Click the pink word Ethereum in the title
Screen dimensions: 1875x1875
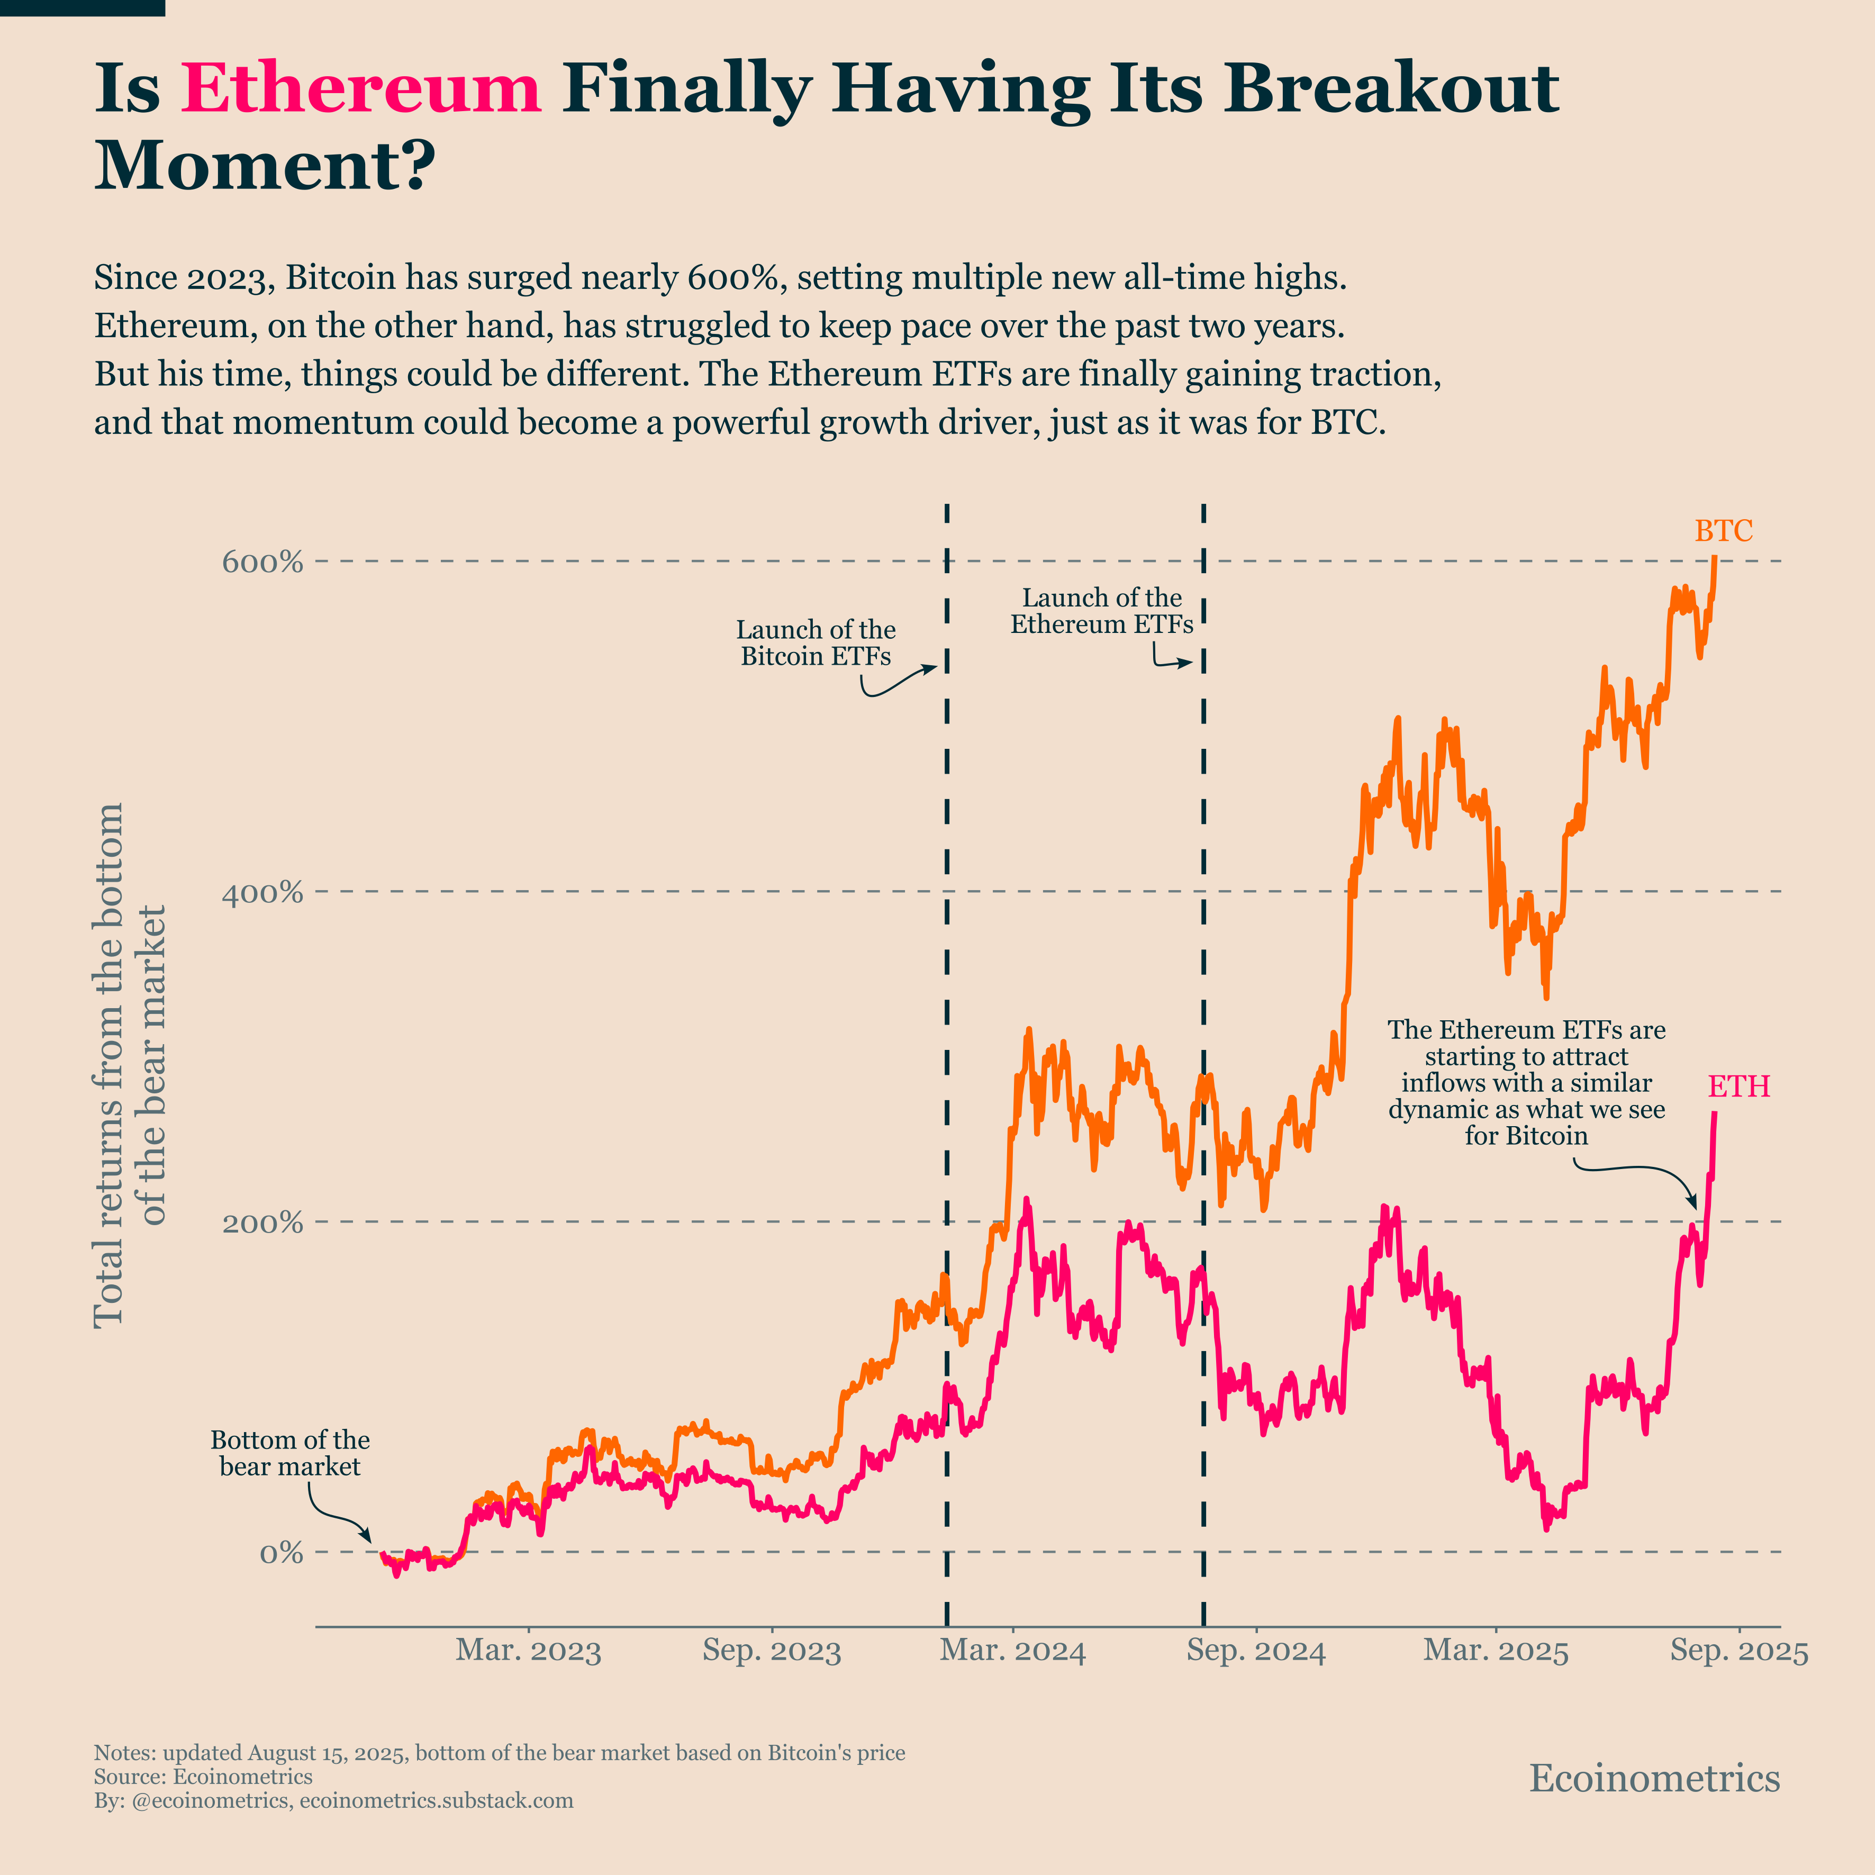point(361,89)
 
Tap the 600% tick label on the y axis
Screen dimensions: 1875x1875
point(262,562)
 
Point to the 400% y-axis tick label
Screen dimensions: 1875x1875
point(262,892)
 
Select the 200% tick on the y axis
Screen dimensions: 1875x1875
point(262,1222)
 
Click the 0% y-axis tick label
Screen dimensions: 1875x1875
point(280,1552)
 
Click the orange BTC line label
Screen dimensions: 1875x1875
point(1724,531)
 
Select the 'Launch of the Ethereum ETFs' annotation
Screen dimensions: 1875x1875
point(1101,611)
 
